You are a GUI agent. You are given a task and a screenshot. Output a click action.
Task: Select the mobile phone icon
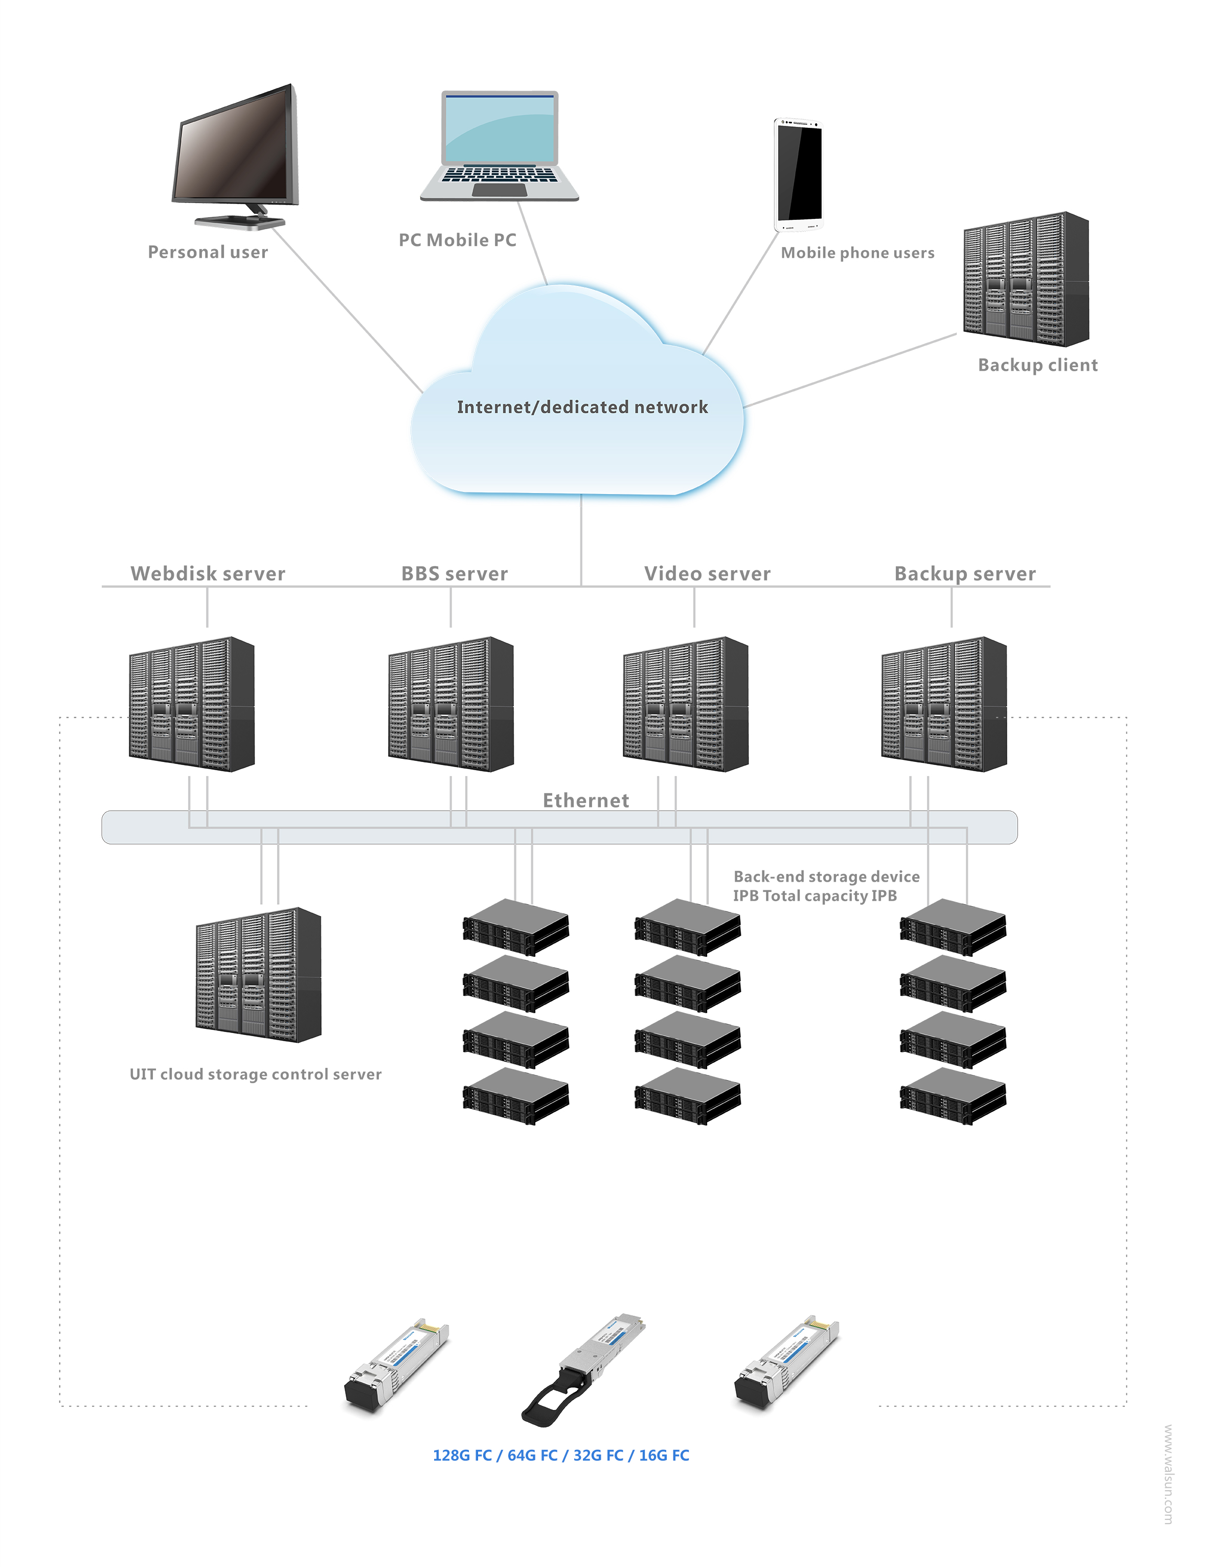tap(798, 174)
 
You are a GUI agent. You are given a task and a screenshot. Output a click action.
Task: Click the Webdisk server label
tap(208, 573)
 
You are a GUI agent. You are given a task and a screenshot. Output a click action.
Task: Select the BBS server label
tap(454, 573)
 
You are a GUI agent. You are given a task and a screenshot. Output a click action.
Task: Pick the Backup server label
tap(965, 573)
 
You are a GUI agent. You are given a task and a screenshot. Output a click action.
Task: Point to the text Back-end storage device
tap(826, 876)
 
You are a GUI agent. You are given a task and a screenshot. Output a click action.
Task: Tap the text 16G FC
tap(664, 1455)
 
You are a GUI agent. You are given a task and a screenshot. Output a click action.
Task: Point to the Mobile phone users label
tap(857, 253)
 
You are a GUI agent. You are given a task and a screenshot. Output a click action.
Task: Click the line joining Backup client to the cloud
tap(850, 370)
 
